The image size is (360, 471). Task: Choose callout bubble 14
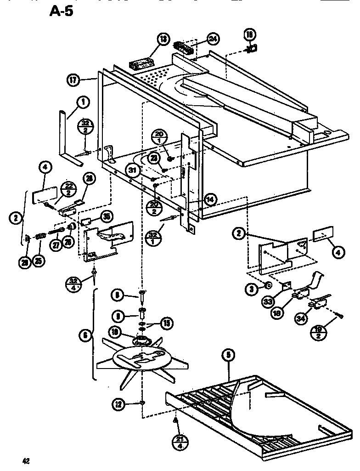(209, 199)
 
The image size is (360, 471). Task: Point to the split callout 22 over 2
(69, 188)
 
